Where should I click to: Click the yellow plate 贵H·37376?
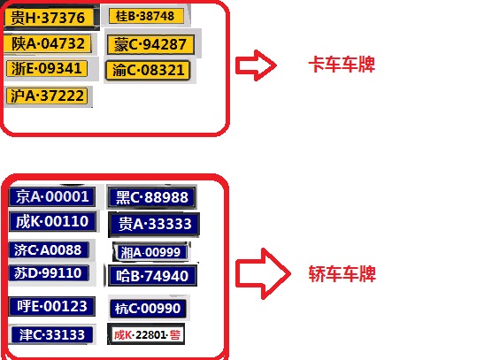[x=49, y=17]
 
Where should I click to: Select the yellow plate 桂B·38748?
[x=146, y=16]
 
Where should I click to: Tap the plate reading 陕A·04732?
[x=48, y=43]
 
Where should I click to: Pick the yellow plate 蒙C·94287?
[x=150, y=44]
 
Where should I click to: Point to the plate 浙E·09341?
[x=47, y=68]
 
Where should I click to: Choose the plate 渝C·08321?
[x=148, y=70]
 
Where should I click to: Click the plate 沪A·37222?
[x=47, y=96]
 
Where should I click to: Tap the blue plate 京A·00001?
[x=52, y=196]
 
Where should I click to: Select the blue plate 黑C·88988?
[x=152, y=197]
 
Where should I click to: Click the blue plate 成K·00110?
[x=52, y=221]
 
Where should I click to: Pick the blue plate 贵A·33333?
[x=154, y=224]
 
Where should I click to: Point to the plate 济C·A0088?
[x=49, y=250]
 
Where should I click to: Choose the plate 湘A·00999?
[x=151, y=252]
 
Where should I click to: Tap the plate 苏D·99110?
[x=49, y=272]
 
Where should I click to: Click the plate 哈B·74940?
[x=152, y=276]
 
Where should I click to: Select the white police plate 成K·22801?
[x=146, y=334]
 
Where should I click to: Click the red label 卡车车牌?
[x=342, y=65]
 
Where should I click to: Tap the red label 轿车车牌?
[x=342, y=274]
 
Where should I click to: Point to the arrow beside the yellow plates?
[x=256, y=65]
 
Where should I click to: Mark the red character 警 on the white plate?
[x=175, y=335]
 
